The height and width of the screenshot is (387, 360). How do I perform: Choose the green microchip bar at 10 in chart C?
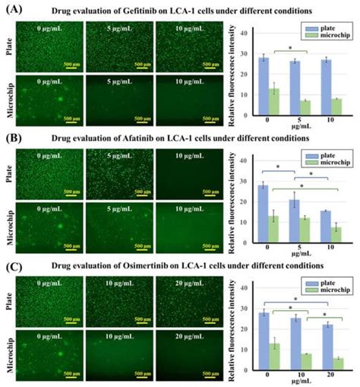click(308, 362)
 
